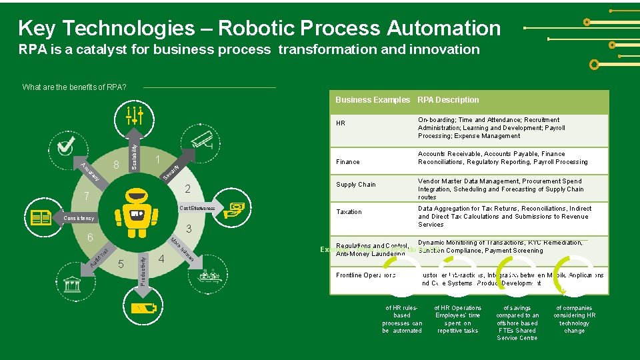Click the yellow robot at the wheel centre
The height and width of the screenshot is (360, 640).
[137, 213]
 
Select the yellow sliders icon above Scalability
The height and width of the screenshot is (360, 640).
[135, 115]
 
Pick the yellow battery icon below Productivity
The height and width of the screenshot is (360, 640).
[143, 308]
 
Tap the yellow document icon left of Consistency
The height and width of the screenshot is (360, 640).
[41, 218]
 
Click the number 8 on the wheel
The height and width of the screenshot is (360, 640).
[117, 164]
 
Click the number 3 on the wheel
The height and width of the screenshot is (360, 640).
[189, 229]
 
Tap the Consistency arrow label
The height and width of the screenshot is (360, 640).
[79, 219]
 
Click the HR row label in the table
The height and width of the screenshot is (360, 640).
[341, 123]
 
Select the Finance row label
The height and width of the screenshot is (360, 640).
[348, 161]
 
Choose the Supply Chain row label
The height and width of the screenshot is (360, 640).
[356, 185]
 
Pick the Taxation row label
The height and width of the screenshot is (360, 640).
[349, 212]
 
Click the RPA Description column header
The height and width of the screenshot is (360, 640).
[448, 100]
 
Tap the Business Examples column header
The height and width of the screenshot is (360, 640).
[373, 100]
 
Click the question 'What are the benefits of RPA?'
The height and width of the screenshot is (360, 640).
[75, 87]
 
